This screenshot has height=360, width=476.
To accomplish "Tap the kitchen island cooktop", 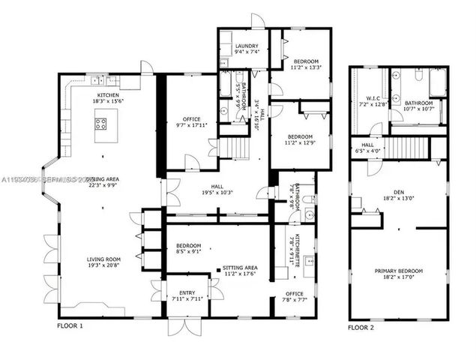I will [x=100, y=124].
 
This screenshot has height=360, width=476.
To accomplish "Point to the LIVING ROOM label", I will [x=103, y=259].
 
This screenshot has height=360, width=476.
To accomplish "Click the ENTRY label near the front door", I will [x=182, y=292].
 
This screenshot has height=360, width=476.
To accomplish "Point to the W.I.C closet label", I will [x=373, y=97].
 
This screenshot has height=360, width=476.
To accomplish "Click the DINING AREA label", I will [x=105, y=179].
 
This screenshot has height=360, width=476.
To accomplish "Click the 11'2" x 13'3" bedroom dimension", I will [x=306, y=67].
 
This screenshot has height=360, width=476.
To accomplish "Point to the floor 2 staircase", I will [x=409, y=145].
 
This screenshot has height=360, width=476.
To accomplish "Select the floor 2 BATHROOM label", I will [x=418, y=103].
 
